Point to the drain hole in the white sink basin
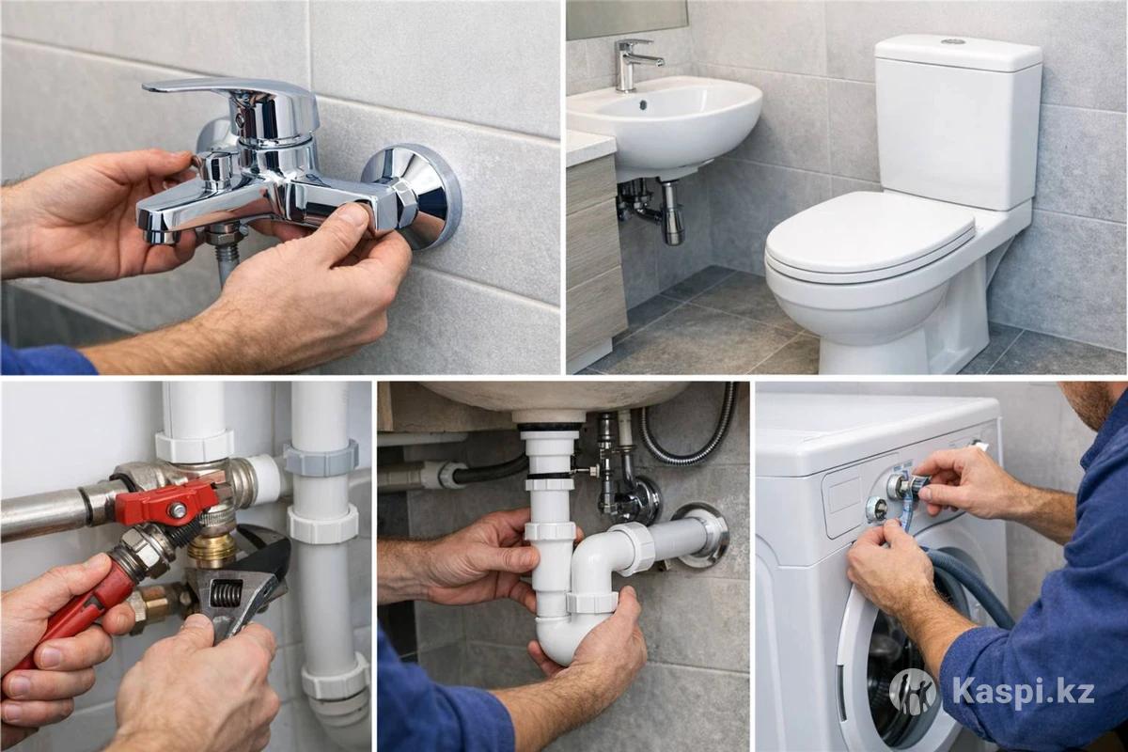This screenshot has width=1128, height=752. tap(643, 104)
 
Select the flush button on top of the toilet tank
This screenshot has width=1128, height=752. tap(953, 40)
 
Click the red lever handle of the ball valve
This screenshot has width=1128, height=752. tap(166, 501)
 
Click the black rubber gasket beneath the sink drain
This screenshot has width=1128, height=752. tap(550, 427)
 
